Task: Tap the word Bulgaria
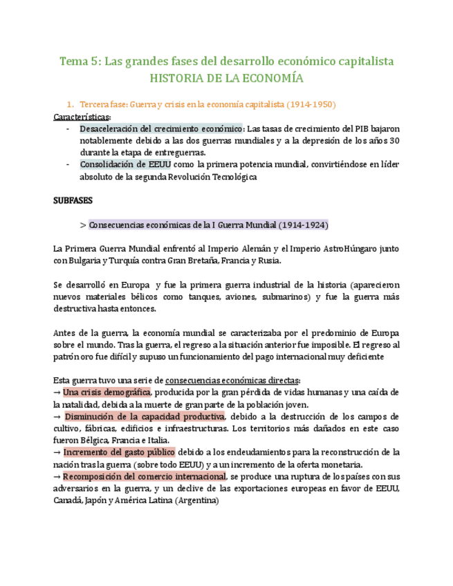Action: (86, 261)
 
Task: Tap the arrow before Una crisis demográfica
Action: (57, 393)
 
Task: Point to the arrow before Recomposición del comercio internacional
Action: (57, 476)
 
